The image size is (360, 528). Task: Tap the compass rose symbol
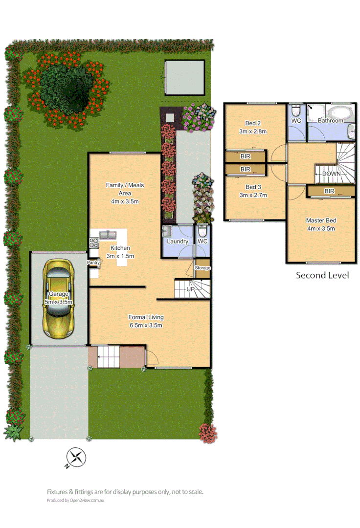[x=76, y=458]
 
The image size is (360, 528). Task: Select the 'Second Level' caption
[x=322, y=275]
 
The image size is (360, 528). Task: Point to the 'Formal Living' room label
[x=146, y=321]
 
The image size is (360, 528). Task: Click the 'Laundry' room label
[x=178, y=242]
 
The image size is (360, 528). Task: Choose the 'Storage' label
[x=202, y=268]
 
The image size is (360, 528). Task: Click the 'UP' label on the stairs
[x=191, y=289]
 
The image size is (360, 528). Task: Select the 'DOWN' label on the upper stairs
[x=332, y=174]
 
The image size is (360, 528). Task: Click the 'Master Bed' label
[x=321, y=224]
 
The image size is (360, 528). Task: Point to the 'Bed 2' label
[x=252, y=128]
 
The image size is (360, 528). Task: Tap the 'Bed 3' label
[x=252, y=191]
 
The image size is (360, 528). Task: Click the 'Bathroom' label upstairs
[x=331, y=120]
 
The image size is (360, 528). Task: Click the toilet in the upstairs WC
[x=295, y=110]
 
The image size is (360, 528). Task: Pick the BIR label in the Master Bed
[x=329, y=191]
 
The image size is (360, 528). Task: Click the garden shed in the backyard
[x=184, y=77]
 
